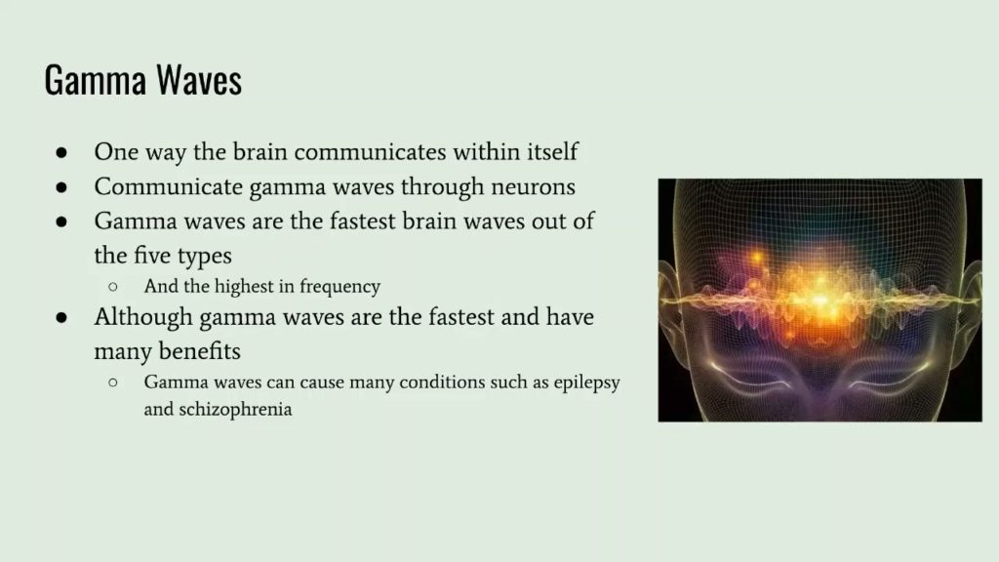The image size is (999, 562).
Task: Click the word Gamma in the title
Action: [86, 80]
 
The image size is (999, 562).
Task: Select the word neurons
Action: [534, 186]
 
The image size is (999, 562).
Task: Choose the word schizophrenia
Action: [235, 410]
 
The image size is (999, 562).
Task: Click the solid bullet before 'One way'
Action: [60, 153]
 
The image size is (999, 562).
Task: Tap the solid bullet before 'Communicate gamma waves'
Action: [60, 187]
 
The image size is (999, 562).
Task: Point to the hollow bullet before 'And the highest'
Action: [113, 288]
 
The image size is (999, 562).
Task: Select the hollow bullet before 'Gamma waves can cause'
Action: [113, 382]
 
